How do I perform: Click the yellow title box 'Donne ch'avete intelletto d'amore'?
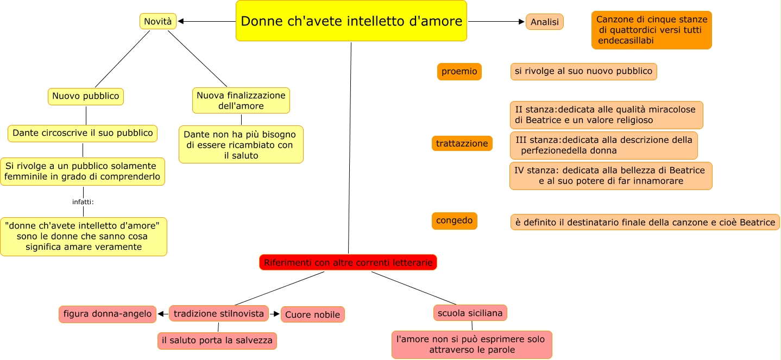[x=351, y=21]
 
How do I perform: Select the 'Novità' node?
[x=158, y=21]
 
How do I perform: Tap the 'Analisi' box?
[x=544, y=22]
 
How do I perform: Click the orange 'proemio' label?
[x=459, y=71]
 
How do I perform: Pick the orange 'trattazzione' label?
[x=462, y=143]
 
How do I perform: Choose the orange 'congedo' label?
[x=454, y=221]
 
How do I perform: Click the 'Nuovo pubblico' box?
[x=86, y=96]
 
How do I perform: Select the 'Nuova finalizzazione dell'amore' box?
[x=241, y=100]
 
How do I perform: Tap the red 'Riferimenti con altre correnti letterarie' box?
[x=348, y=263]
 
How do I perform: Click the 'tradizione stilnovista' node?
[x=219, y=313]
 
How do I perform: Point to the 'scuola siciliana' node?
[x=470, y=313]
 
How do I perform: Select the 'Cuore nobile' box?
[x=312, y=314]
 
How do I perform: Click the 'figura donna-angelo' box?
[x=108, y=314]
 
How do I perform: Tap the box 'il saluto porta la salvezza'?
[x=217, y=340]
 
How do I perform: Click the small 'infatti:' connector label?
[x=83, y=202]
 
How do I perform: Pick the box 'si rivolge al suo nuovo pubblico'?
[x=583, y=71]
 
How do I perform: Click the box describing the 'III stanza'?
[x=603, y=145]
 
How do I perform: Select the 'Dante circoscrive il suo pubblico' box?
[x=83, y=133]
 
